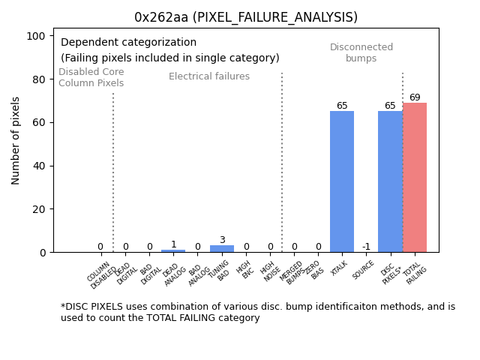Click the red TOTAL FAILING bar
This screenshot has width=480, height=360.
click(415, 178)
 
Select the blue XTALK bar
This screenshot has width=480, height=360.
click(342, 181)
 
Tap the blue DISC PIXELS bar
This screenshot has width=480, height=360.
click(390, 181)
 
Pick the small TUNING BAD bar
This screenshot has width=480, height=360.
click(222, 248)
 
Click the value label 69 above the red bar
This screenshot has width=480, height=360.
click(415, 97)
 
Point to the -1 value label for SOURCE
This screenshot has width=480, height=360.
click(366, 247)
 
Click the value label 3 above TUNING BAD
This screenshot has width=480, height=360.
click(222, 240)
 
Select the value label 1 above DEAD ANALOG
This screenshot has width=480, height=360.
click(173, 244)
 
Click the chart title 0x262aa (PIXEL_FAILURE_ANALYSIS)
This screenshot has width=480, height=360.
click(246, 17)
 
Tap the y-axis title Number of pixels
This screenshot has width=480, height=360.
click(16, 140)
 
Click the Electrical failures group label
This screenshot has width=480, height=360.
click(209, 76)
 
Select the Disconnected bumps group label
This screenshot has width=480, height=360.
click(361, 52)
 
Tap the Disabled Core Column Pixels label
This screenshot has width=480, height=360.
click(91, 77)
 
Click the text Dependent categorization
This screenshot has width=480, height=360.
click(128, 43)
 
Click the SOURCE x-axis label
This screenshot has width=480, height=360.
click(364, 270)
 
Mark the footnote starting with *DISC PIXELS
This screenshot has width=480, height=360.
click(257, 312)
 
